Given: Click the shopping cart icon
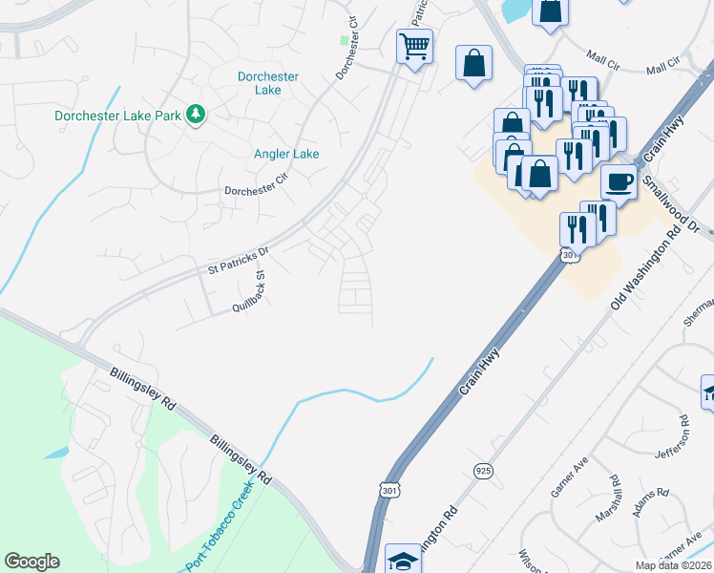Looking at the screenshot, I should point(414,45).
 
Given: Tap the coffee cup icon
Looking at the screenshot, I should point(619,181).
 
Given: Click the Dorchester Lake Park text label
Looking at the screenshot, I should point(118,116).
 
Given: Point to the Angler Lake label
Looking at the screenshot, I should point(286,154).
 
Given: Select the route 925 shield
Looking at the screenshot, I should point(483,471).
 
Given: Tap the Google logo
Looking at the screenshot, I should point(31,562).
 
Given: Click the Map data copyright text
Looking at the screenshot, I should point(673,565).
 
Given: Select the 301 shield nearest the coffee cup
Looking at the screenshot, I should point(569,256).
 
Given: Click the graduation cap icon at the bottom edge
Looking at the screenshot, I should point(403,561).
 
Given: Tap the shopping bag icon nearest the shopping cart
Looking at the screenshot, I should point(473,63).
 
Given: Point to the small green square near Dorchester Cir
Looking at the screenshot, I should point(345,40).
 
